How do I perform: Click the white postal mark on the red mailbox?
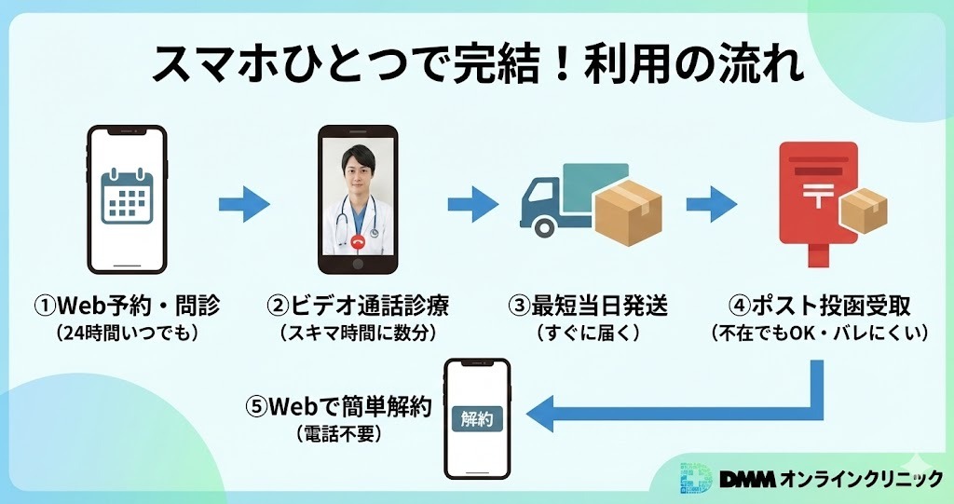819,197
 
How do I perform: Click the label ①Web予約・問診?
129,305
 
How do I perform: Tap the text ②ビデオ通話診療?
357,305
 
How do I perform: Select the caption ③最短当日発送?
587,305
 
